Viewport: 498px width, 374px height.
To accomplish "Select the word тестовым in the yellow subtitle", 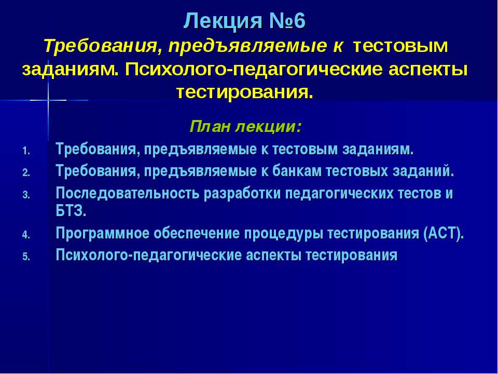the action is (400, 46).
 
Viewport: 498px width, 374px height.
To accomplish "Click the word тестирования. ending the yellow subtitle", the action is (244, 93).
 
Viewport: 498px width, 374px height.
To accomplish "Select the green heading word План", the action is (210, 127).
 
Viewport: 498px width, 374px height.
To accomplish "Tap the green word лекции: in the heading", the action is (269, 127).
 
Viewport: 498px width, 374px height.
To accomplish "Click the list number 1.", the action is (26, 151).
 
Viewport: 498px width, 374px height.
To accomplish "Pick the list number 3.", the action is (26, 195).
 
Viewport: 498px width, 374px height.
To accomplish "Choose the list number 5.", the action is (26, 257).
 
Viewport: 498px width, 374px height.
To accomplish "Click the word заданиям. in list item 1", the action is (378, 150).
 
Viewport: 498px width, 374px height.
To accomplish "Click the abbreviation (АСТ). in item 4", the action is (444, 234).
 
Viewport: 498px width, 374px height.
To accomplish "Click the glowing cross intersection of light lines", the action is (48, 100).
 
